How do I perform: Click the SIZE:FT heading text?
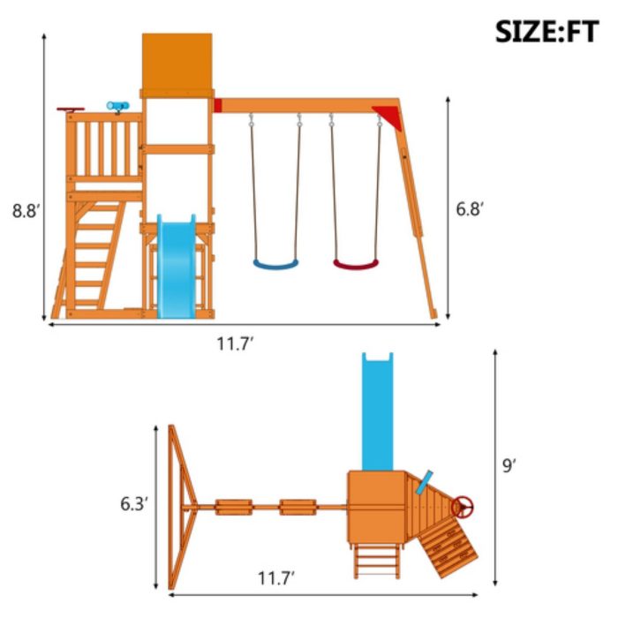click(x=547, y=32)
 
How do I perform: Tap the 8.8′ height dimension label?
click(x=26, y=211)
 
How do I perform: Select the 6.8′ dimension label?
click(x=470, y=208)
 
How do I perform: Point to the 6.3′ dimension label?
click(x=134, y=504)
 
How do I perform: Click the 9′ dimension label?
click(x=509, y=465)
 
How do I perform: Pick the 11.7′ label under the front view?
click(x=235, y=344)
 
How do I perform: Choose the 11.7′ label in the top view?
click(x=275, y=578)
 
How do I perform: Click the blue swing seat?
click(x=275, y=264)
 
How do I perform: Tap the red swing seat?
click(x=356, y=264)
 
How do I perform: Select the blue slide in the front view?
click(x=177, y=267)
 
